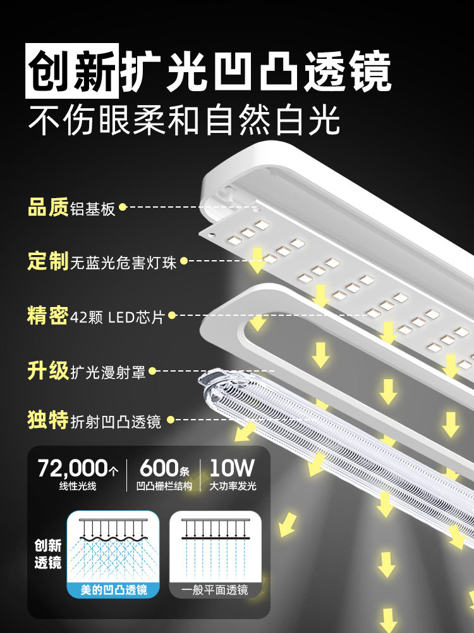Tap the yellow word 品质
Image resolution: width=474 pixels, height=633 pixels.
click(47, 207)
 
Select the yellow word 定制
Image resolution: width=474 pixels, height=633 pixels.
click(47, 261)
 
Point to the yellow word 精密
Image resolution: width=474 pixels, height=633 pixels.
click(47, 315)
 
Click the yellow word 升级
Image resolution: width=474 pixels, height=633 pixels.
click(47, 370)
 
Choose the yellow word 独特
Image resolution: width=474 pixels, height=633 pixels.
click(47, 420)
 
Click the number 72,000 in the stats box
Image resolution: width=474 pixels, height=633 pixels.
click(73, 469)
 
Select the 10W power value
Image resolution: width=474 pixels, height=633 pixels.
click(232, 469)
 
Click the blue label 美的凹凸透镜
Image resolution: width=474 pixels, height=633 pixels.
click(114, 590)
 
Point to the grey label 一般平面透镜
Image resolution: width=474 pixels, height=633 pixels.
click(215, 590)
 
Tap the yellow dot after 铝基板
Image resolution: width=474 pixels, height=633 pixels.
click(123, 207)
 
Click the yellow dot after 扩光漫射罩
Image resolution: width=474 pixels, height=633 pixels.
click(152, 371)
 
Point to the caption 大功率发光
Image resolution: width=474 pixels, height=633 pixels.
click(233, 487)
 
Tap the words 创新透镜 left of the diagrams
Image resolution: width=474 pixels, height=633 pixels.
click(48, 553)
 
